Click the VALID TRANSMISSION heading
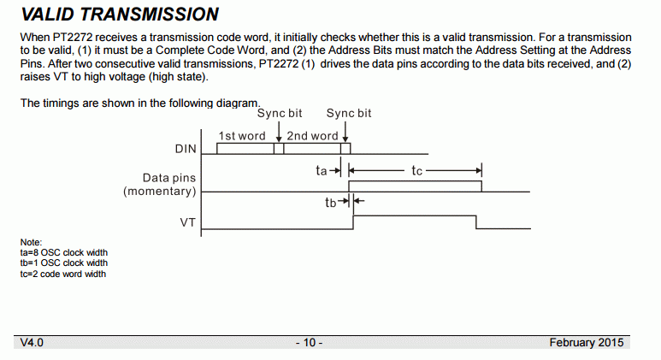(x=120, y=15)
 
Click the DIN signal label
(x=186, y=149)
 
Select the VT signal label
(x=187, y=222)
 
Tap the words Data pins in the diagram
(x=169, y=178)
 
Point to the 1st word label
(x=242, y=136)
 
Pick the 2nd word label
(x=312, y=136)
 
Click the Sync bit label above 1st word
(x=280, y=114)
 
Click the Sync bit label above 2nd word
(x=349, y=114)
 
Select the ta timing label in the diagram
(x=322, y=170)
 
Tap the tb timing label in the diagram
(x=330, y=203)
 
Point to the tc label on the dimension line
(x=416, y=171)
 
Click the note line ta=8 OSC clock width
(x=63, y=252)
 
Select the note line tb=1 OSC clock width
(x=63, y=263)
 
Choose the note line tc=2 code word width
(x=63, y=274)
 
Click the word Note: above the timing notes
(x=31, y=242)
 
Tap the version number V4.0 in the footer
(x=32, y=342)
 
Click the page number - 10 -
(x=309, y=342)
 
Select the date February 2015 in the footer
(x=587, y=342)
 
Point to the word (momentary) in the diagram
(x=160, y=192)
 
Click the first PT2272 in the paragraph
(x=73, y=38)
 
